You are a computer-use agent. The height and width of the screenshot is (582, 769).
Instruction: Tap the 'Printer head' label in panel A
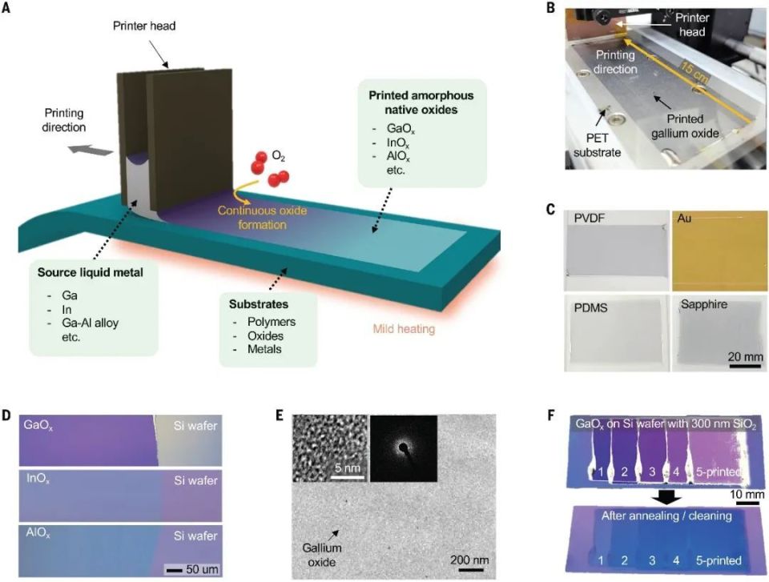coord(144,26)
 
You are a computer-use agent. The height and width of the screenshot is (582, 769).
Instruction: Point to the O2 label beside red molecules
coord(279,156)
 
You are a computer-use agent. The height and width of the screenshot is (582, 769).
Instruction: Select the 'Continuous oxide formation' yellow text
coord(263,218)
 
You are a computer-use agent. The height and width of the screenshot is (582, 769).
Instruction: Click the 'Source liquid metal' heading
coord(91,272)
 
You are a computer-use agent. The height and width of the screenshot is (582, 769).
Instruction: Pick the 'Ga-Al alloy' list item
coord(91,323)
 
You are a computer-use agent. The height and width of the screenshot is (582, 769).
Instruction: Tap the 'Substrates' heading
coord(259,304)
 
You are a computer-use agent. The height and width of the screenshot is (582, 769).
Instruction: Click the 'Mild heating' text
coord(404,328)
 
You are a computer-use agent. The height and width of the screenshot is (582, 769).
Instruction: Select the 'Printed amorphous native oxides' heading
coord(421,102)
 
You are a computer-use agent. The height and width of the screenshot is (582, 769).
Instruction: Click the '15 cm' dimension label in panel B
coord(693,68)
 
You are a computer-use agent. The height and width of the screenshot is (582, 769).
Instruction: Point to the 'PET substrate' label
coord(597,145)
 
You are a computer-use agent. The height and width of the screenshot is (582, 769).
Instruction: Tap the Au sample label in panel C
coord(684,218)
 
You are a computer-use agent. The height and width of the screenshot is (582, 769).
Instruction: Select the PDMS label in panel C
coord(590,308)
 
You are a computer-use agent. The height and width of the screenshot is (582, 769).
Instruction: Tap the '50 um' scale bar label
coord(202,569)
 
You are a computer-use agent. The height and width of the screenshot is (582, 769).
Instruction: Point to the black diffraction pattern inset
coord(403,448)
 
